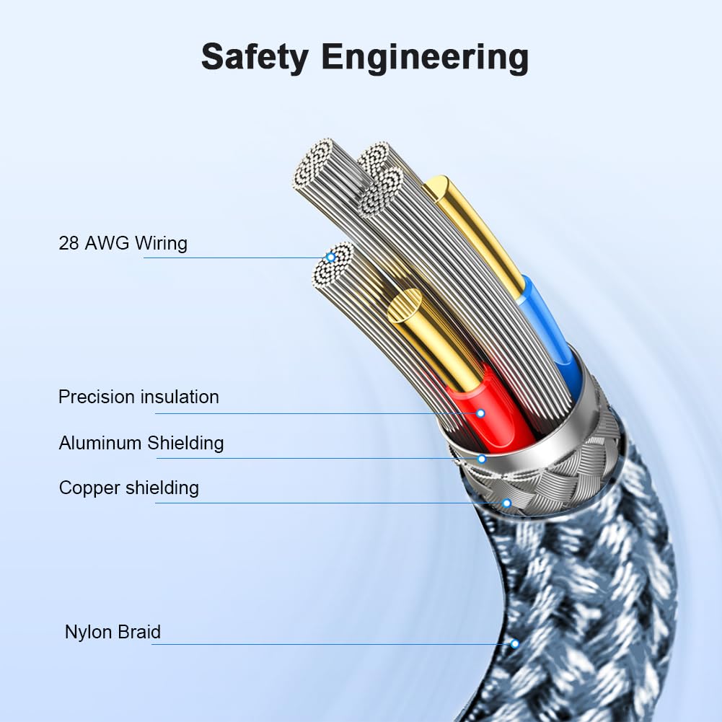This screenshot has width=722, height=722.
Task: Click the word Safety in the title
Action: tap(255, 58)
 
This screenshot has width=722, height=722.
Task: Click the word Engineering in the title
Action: tap(425, 58)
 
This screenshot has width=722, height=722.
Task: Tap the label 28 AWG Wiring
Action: tap(123, 243)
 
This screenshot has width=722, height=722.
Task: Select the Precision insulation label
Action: tap(138, 397)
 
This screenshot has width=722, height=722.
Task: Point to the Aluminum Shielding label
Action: tap(141, 443)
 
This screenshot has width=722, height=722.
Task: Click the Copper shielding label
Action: tap(129, 488)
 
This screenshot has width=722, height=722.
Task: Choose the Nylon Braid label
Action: tap(113, 632)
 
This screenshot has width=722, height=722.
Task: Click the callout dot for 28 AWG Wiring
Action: tap(330, 257)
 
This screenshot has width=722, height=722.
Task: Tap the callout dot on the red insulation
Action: tap(480, 413)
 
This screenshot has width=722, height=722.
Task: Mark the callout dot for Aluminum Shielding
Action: tap(482, 459)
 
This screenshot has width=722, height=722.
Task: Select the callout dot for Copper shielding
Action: tap(506, 503)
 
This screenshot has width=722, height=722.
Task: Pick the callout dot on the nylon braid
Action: tap(514, 643)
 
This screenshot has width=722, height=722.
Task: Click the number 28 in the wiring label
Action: tap(69, 243)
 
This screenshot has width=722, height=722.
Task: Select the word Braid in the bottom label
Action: tap(139, 632)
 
